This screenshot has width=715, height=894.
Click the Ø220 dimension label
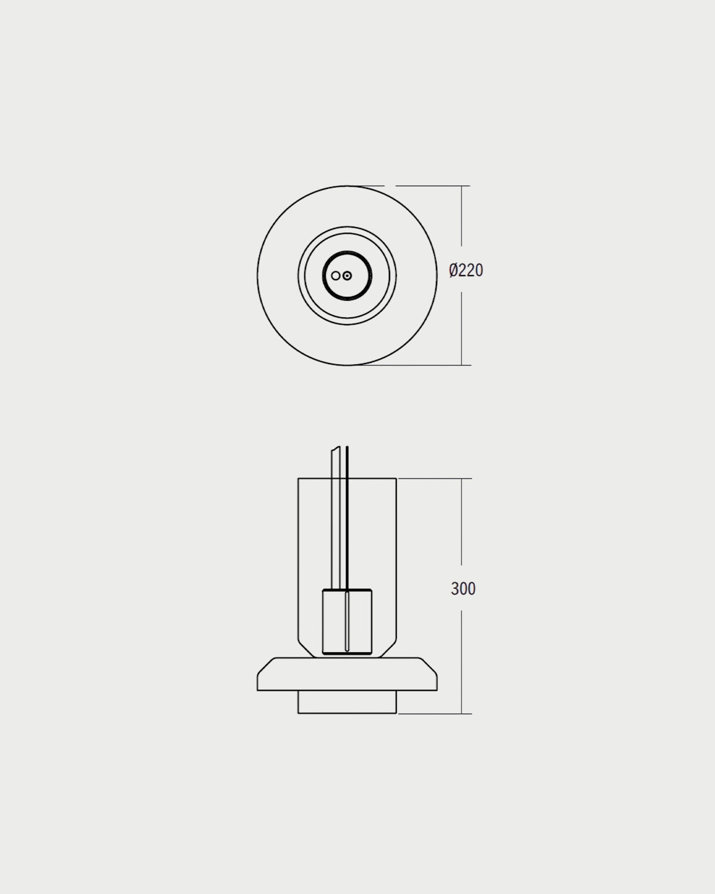466,271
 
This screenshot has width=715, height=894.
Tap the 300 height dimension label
463,589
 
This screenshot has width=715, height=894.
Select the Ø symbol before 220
453,271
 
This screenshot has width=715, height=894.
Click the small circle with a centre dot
347,275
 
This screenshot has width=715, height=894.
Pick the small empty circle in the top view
335,275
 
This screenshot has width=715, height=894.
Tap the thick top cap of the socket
347,590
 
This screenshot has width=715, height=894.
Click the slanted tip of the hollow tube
335,449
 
